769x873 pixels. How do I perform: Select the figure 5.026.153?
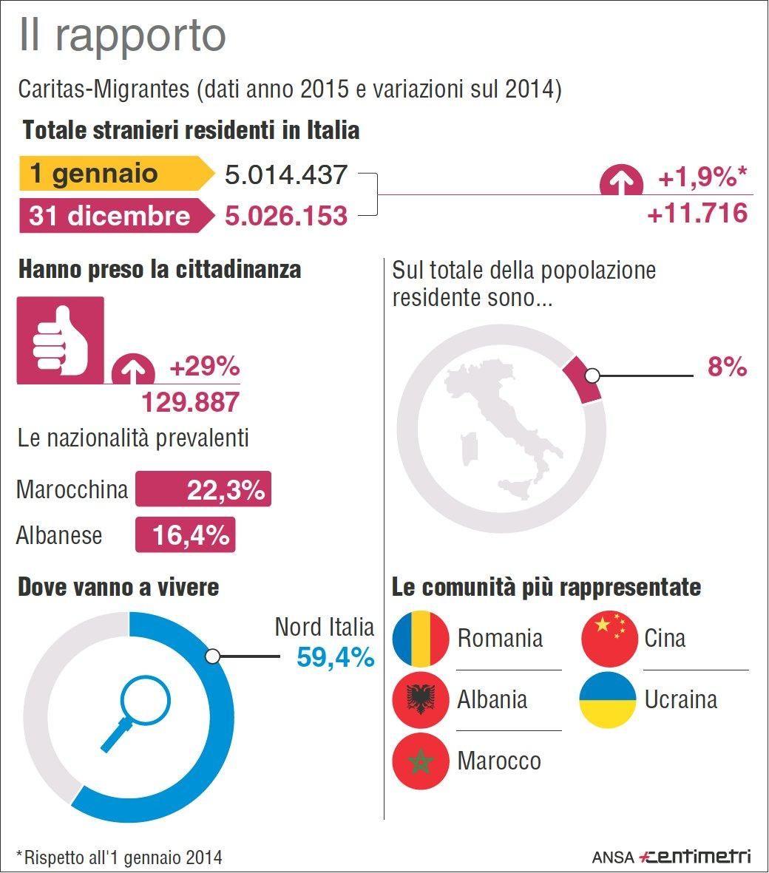pos(286,216)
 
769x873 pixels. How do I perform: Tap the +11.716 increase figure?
pos(697,214)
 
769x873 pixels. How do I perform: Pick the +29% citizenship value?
pos(205,367)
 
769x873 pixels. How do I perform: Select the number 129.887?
pos(191,402)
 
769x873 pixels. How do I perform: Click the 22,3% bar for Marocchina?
pos(203,489)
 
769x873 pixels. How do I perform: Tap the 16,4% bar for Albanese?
pos(186,535)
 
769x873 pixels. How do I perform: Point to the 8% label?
pos(727,367)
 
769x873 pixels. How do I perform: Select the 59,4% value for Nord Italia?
pos(335,657)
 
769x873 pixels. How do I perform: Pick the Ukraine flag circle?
pos(608,700)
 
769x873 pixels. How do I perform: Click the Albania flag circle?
pos(421,700)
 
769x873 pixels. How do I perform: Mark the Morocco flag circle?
pos(421,761)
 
